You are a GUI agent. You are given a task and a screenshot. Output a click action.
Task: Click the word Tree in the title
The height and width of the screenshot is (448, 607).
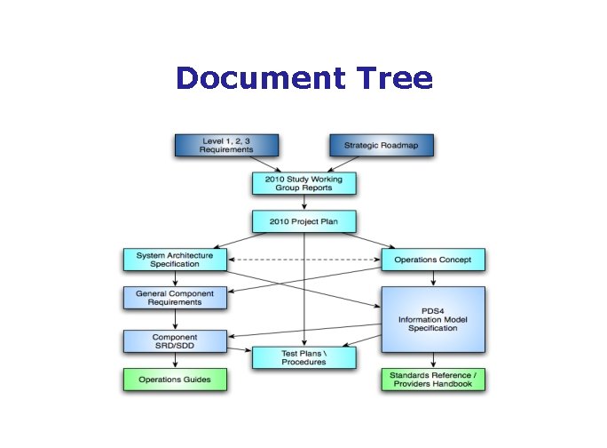pos(391,78)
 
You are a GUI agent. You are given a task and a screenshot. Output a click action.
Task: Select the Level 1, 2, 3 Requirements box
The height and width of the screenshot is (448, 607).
pos(227,145)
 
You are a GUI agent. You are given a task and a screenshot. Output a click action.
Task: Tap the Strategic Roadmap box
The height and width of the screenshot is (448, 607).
pos(381,145)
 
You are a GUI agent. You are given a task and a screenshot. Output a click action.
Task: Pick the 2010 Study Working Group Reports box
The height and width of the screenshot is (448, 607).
pos(304,183)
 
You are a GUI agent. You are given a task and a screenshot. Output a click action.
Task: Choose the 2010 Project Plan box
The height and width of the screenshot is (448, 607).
pos(304,220)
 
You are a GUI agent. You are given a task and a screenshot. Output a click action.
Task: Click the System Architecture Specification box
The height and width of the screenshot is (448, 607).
pos(175,260)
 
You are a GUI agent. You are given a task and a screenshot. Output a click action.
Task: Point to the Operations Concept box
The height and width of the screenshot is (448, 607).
pos(434,260)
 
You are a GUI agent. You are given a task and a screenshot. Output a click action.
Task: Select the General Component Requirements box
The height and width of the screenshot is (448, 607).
pos(175,297)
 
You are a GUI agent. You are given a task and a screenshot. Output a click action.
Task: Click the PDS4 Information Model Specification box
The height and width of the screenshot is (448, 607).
pos(434,318)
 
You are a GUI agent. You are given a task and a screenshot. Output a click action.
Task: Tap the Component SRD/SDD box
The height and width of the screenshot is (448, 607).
pos(175,340)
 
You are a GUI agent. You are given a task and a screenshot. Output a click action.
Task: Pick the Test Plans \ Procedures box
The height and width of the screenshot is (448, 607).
pos(304,357)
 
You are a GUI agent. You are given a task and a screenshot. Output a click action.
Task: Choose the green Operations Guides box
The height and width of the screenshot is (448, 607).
pos(175,380)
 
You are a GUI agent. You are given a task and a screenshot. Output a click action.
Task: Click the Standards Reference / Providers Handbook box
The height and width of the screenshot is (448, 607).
pos(434,380)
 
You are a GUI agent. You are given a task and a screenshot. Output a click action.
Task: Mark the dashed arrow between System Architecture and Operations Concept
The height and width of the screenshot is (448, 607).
pos(304,260)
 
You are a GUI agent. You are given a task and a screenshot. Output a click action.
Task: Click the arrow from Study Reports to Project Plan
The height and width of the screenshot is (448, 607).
pos(304,202)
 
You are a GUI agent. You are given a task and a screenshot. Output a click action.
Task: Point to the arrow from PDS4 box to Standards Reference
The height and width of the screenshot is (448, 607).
pos(434,360)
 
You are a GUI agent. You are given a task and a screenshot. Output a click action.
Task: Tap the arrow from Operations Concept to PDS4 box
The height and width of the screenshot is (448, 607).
pos(434,278)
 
